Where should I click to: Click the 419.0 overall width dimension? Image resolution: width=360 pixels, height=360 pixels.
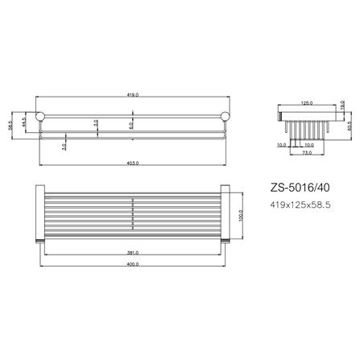point(134,95)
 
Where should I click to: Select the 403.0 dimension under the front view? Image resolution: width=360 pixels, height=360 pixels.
point(134,163)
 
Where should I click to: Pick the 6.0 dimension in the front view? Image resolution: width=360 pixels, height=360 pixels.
point(130,125)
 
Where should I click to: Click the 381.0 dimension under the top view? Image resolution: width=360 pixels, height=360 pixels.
point(134,252)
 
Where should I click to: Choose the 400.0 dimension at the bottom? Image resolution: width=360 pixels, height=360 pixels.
point(134,267)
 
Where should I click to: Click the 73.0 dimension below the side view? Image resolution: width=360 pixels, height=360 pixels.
point(307,152)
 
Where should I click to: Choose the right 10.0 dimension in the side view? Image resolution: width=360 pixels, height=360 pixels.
point(309,145)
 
